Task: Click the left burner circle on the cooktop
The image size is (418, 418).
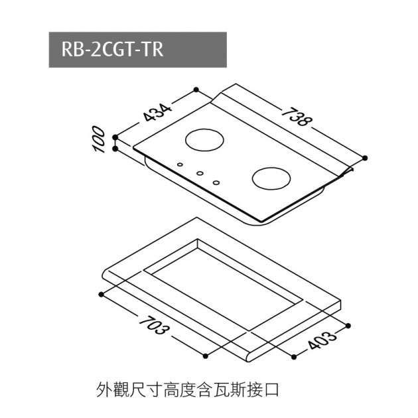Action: (205, 140)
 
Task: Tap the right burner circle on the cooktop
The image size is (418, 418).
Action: (271, 178)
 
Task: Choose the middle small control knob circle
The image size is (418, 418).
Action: (198, 174)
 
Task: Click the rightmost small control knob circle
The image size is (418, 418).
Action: (216, 182)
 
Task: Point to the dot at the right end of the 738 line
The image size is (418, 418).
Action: (366, 157)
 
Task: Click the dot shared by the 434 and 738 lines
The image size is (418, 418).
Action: (195, 89)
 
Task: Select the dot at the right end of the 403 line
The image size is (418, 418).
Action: (348, 325)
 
